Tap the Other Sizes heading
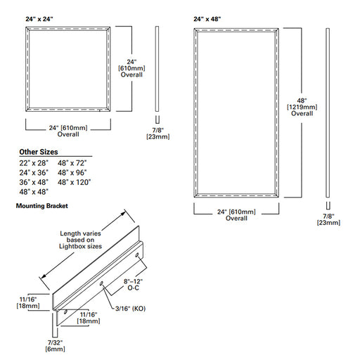[x=38, y=152]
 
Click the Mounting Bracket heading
[x=46, y=206]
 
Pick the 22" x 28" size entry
[x=33, y=162]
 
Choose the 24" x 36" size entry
[x=33, y=172]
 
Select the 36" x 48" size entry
[x=33, y=182]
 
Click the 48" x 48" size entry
[x=33, y=192]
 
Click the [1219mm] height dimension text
[x=302, y=106]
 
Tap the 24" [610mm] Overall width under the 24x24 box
[x=68, y=131]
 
